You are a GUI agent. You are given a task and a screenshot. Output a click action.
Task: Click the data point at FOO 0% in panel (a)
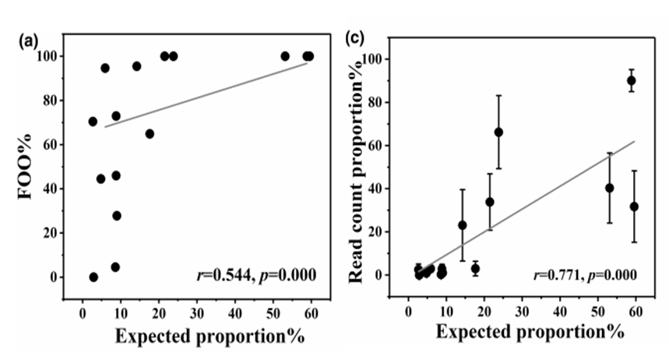[x=93, y=277]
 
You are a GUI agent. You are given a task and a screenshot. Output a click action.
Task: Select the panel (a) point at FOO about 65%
[x=150, y=134]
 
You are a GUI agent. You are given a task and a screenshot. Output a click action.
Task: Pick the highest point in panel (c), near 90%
[x=632, y=80]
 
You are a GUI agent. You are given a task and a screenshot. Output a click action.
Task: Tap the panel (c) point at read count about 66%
[x=498, y=132]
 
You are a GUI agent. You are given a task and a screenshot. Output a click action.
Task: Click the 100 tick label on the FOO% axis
[x=50, y=56]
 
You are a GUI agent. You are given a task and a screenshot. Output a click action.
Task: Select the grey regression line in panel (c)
[x=530, y=206]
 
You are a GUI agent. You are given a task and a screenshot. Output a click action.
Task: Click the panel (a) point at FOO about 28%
[x=117, y=216]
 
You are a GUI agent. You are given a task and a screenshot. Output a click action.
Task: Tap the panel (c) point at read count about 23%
[x=463, y=225]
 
